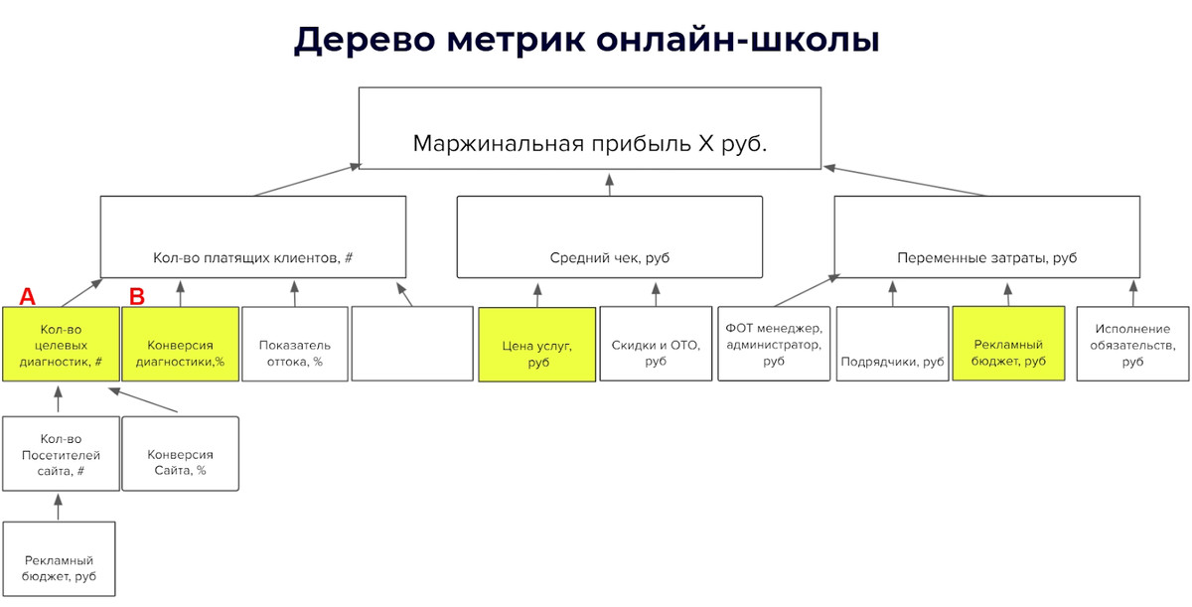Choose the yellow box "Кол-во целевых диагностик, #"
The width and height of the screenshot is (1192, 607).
[60, 344]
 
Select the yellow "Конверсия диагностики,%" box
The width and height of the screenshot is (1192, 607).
[180, 344]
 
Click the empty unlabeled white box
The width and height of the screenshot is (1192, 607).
[412, 344]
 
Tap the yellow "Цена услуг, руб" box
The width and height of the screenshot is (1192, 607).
[537, 345]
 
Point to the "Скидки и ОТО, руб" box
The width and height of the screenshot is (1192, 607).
[656, 344]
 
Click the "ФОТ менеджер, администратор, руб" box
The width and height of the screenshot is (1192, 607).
[774, 344]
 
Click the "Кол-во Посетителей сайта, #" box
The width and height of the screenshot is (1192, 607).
[60, 454]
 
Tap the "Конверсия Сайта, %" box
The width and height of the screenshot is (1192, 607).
[180, 454]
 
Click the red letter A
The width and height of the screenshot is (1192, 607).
[28, 295]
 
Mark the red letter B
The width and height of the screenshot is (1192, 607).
[138, 295]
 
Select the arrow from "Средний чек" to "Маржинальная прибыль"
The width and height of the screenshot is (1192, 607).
[610, 182]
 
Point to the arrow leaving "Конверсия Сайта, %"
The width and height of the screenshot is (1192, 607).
[144, 400]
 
